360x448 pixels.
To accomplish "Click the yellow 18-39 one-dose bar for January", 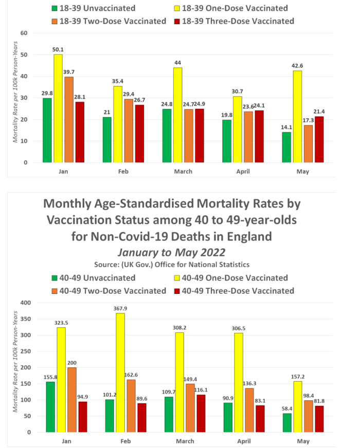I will click(x=59, y=108).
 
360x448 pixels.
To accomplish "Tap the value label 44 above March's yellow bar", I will click(x=177, y=62).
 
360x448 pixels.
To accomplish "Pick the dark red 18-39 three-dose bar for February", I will click(x=140, y=134).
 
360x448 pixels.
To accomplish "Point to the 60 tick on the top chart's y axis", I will click(x=24, y=33).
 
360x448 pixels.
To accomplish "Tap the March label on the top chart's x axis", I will click(x=183, y=171).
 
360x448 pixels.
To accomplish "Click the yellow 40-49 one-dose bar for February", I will click(x=120, y=372).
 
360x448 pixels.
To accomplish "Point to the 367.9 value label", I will click(x=120, y=308).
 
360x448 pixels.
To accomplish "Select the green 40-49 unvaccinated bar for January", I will click(x=50, y=406).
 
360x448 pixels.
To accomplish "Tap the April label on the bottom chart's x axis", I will click(x=243, y=440).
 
